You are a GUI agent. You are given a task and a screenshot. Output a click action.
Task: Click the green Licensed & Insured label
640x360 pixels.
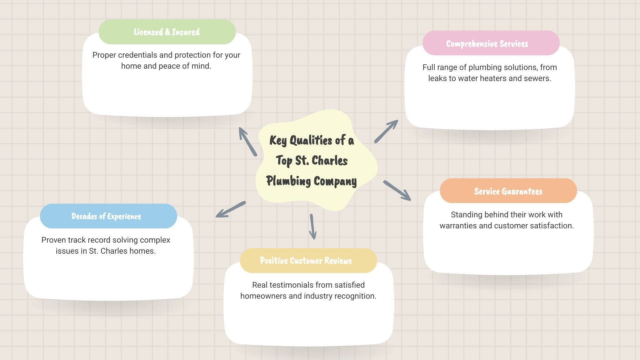point(167,32)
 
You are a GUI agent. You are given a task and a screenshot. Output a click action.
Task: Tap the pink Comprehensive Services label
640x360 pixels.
point(491,43)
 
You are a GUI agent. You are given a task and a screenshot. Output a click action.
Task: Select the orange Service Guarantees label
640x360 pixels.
point(508,191)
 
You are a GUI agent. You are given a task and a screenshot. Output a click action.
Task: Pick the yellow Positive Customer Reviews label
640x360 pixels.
point(308,261)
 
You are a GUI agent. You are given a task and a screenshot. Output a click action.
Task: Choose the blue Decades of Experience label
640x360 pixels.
point(108,216)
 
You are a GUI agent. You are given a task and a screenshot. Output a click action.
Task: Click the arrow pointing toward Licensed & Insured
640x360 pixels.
point(247,141)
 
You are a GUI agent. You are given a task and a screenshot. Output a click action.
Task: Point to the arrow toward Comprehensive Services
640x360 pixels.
point(386,131)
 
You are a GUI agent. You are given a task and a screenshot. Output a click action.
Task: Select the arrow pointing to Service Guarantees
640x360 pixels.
point(397,190)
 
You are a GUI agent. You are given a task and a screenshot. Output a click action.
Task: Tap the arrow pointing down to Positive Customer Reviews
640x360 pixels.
point(312,227)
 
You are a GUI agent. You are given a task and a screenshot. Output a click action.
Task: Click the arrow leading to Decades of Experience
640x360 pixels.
point(231,209)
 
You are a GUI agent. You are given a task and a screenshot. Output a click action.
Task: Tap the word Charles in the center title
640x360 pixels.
point(330,161)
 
